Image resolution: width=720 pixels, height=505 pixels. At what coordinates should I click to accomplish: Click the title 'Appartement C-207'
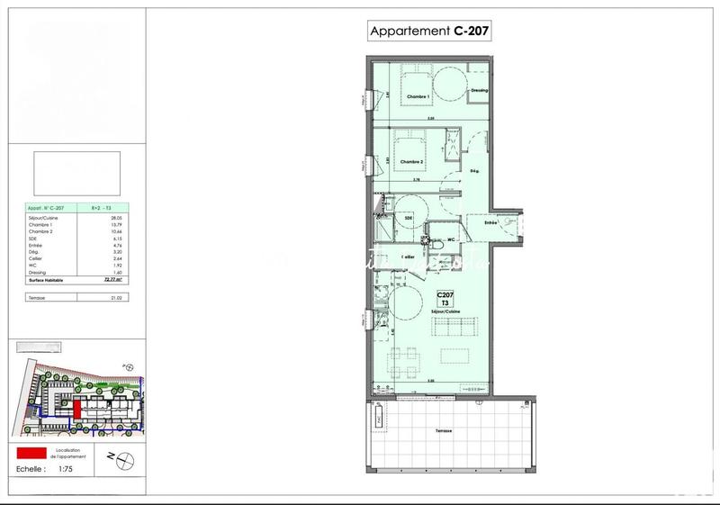[x=430, y=32]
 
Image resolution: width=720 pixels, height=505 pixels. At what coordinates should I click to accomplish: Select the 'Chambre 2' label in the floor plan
[x=411, y=162]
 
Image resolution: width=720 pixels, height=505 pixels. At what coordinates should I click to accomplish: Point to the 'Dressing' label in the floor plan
[x=479, y=91]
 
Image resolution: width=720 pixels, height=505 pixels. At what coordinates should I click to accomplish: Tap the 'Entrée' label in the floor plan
[x=490, y=221]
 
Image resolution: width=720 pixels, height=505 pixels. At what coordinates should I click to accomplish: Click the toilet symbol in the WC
[x=435, y=243]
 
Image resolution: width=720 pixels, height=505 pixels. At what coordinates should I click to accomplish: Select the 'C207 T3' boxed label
[x=445, y=299]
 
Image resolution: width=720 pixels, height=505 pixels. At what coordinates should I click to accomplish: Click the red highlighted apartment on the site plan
[x=78, y=409]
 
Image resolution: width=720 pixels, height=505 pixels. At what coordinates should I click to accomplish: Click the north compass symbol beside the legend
[x=126, y=459]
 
